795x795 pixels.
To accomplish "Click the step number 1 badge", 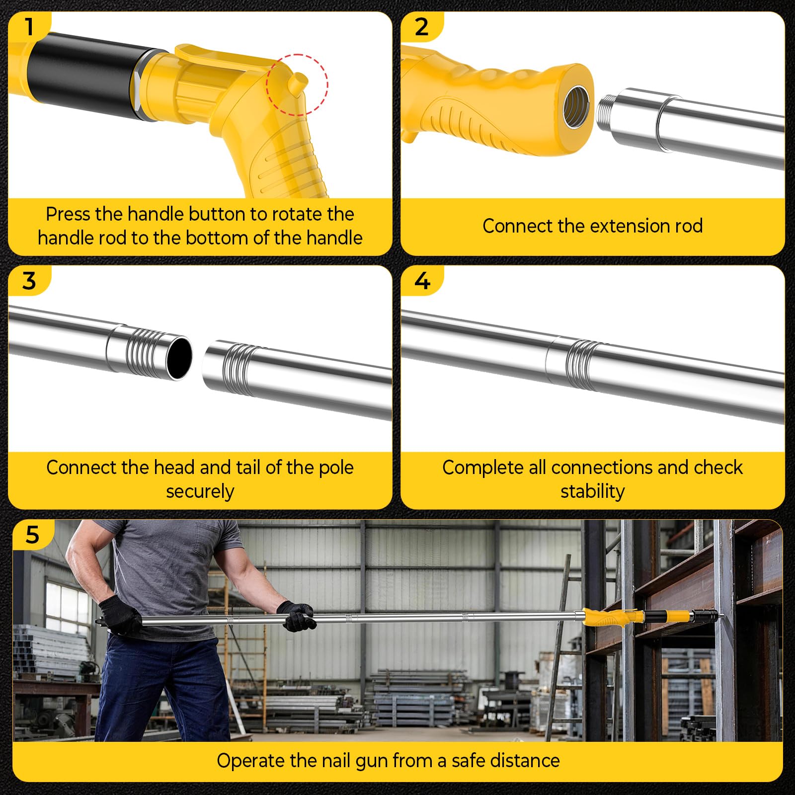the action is click(x=29, y=26).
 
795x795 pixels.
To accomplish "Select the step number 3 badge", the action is click(x=29, y=281).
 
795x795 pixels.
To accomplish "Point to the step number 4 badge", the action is click(x=422, y=281).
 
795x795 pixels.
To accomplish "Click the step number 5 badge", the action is click(x=32, y=535).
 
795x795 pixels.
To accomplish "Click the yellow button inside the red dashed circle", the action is click(x=298, y=82).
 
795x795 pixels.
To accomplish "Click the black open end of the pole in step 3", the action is click(x=179, y=357).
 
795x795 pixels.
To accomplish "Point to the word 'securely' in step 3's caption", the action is click(x=200, y=491).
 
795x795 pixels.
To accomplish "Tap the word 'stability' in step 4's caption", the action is click(x=592, y=491).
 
